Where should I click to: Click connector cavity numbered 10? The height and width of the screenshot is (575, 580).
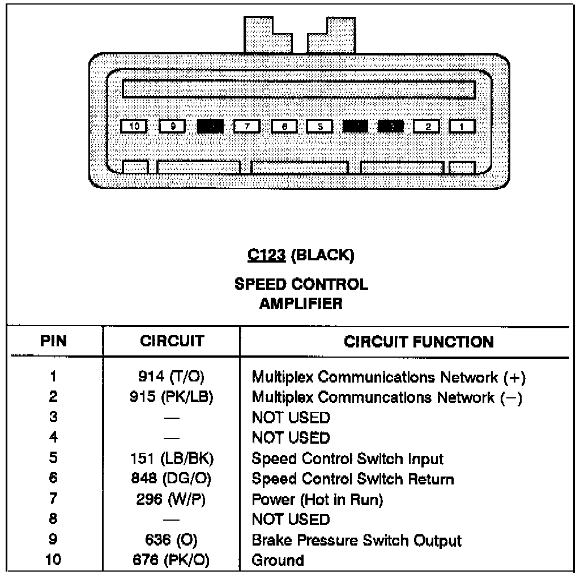pyautogui.click(x=135, y=126)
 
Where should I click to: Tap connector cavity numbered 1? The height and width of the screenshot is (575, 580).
pyautogui.click(x=462, y=126)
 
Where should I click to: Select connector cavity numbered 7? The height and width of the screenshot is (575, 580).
pyautogui.click(x=246, y=126)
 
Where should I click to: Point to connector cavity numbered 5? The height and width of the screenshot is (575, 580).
pyautogui.click(x=319, y=126)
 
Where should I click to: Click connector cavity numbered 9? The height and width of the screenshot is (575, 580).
pyautogui.click(x=172, y=126)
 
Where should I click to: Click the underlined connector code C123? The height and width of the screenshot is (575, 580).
pyautogui.click(x=267, y=256)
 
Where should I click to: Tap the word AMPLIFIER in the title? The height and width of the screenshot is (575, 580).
pyautogui.click(x=301, y=304)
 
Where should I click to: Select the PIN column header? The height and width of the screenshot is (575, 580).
pyautogui.click(x=54, y=341)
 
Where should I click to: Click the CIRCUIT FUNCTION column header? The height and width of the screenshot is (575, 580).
pyautogui.click(x=419, y=342)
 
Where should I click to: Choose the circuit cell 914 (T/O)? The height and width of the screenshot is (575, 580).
pyautogui.click(x=171, y=377)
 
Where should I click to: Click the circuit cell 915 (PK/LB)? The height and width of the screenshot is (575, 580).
pyautogui.click(x=171, y=397)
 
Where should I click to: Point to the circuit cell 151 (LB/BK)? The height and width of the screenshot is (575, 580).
pyautogui.click(x=171, y=458)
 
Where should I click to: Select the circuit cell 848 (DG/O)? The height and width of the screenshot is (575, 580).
pyautogui.click(x=171, y=479)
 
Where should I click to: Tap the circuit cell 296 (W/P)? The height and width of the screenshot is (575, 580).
pyautogui.click(x=171, y=499)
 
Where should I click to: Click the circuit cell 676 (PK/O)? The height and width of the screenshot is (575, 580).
pyautogui.click(x=171, y=560)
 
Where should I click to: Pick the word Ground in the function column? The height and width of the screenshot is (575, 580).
pyautogui.click(x=278, y=560)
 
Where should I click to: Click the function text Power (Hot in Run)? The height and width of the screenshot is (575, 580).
pyautogui.click(x=317, y=499)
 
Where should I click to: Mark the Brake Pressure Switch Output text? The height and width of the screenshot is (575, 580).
pyautogui.click(x=356, y=540)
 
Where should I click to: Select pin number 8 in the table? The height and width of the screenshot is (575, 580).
pyautogui.click(x=54, y=520)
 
